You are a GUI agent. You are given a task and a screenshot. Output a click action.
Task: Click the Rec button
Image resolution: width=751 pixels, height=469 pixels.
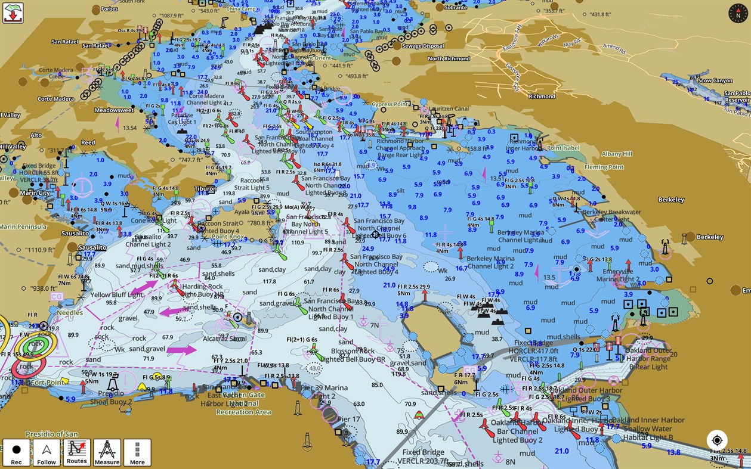click(x=16, y=453)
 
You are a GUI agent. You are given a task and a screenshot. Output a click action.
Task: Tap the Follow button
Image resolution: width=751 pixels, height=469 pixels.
click(x=47, y=453)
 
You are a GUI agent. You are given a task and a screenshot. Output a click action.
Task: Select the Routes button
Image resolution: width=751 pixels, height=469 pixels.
click(x=76, y=453)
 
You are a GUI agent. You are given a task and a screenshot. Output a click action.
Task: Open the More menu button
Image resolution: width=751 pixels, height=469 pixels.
click(x=137, y=453)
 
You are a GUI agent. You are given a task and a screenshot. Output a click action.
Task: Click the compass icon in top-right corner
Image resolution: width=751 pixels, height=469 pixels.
click(x=738, y=13)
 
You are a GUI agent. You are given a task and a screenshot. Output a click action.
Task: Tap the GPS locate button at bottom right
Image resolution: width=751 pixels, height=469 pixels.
click(x=717, y=440)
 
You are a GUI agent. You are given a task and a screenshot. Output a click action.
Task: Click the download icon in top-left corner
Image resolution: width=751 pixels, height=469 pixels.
click(x=13, y=13)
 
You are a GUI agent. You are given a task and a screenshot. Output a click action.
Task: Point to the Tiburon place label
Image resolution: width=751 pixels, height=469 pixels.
click(x=205, y=189)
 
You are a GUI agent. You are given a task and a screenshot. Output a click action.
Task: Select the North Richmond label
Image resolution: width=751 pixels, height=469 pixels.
click(x=449, y=58)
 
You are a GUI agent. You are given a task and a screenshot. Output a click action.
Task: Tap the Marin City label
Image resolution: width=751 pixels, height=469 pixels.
click(x=35, y=192)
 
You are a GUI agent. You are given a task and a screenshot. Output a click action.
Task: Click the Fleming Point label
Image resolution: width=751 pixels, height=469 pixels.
click(x=604, y=167)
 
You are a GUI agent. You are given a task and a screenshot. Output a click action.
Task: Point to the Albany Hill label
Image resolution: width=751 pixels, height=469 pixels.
click(x=617, y=154)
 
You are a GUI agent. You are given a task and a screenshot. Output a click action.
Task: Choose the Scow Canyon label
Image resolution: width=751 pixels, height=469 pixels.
click(x=715, y=80)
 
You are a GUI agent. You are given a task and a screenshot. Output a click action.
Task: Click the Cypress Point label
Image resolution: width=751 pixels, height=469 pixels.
click(x=390, y=104)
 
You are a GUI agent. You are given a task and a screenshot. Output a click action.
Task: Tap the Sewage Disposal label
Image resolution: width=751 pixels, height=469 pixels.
click(x=423, y=46)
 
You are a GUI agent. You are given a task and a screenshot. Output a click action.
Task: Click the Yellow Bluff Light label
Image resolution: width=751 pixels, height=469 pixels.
click(x=116, y=294)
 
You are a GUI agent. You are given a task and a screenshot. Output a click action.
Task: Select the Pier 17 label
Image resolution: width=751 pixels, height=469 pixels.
click(x=348, y=420)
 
